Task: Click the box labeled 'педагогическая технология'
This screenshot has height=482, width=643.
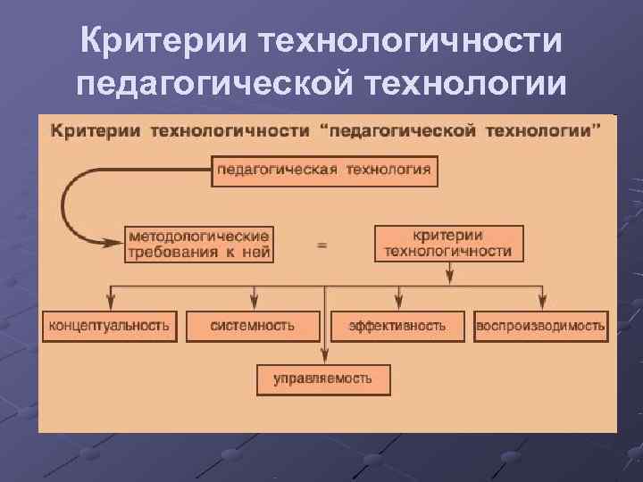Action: coord(324,170)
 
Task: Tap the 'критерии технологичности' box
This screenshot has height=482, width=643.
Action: coord(448,243)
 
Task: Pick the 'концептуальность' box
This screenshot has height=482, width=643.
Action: coord(109,326)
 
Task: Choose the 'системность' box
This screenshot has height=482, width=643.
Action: coord(253,326)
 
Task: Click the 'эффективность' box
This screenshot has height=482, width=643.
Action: coord(397,326)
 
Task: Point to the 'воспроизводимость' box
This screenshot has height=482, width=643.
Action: coord(540,326)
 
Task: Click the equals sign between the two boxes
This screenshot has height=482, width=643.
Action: coord(322,243)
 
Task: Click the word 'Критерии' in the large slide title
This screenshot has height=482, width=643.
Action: coord(162,40)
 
